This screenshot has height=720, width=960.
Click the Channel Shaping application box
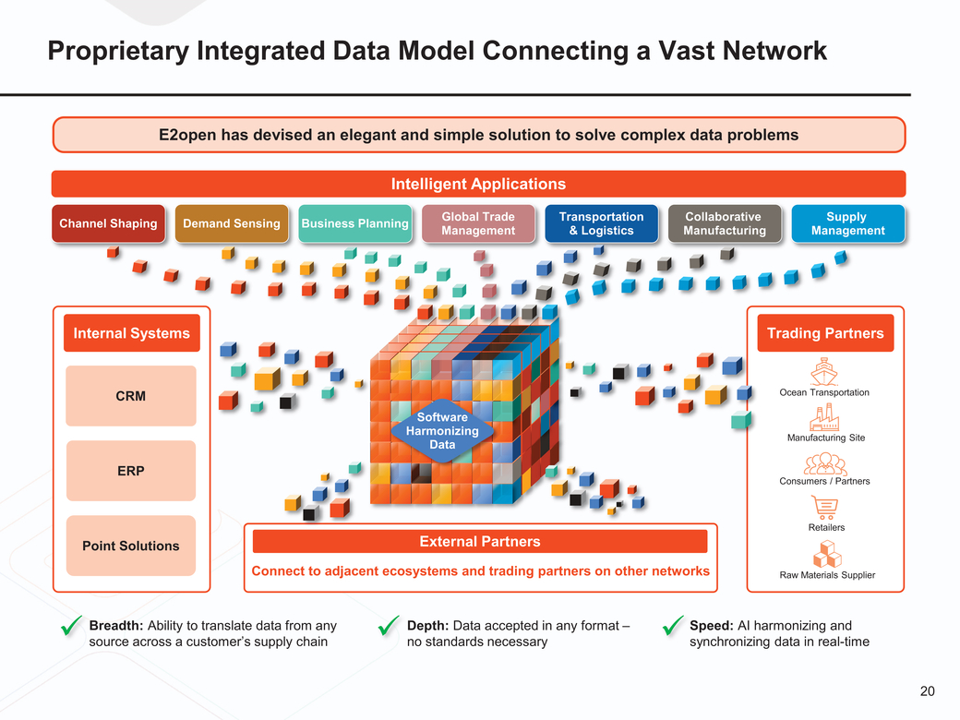[108, 223]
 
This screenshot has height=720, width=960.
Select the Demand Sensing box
[232, 223]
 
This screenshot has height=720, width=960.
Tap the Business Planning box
[354, 223]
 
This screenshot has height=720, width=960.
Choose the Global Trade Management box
[478, 223]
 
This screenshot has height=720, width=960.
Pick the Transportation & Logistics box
[601, 223]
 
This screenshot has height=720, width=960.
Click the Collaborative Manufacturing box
[725, 223]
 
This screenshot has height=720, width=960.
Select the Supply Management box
[847, 223]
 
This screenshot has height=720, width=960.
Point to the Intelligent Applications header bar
[478, 184]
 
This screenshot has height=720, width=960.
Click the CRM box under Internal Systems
[131, 396]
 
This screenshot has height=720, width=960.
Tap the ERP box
[131, 471]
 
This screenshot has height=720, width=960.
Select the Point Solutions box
[131, 546]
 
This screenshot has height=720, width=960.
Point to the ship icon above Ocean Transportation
[823, 371]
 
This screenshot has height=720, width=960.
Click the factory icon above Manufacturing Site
[823, 417]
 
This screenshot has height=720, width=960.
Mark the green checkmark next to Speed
[672, 627]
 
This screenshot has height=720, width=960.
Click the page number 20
[928, 691]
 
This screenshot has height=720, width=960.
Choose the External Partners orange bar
[480, 542]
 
